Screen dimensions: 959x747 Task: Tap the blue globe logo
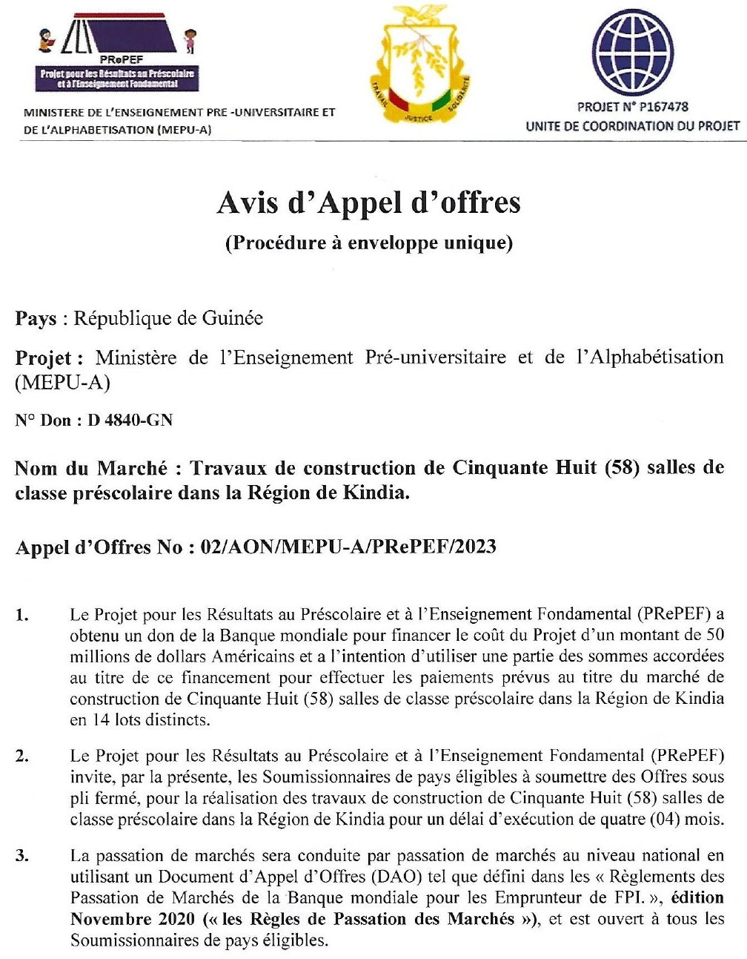(x=632, y=51)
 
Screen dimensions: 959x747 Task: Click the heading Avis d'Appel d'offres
(x=368, y=202)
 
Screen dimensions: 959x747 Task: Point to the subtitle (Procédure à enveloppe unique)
(x=368, y=243)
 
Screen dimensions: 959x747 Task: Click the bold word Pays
(x=36, y=319)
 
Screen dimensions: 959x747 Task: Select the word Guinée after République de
(x=232, y=318)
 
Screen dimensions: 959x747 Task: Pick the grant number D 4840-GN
(x=130, y=421)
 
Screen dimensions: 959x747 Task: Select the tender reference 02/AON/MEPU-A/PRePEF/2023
(x=348, y=547)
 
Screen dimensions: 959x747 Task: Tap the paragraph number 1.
(x=22, y=615)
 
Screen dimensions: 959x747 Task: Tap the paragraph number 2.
(x=22, y=757)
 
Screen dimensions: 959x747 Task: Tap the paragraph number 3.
(x=22, y=856)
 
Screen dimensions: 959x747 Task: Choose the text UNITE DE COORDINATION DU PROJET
(x=632, y=126)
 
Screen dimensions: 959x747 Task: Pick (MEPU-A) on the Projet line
(x=62, y=383)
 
